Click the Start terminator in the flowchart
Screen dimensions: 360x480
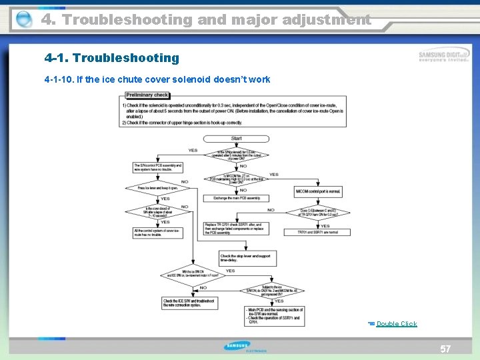tap(237, 139)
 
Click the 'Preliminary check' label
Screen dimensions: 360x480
tap(147, 95)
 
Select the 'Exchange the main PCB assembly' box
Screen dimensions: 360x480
tap(237, 198)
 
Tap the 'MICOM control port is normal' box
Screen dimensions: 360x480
tap(318, 191)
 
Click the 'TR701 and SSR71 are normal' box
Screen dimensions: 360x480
tap(318, 232)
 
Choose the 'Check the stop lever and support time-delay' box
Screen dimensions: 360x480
tap(247, 259)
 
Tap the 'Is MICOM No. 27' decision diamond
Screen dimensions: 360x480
tap(237, 178)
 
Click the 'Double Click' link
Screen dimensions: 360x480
tap(396, 324)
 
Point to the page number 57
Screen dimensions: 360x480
tap(445, 349)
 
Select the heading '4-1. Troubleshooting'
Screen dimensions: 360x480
tap(112, 58)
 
